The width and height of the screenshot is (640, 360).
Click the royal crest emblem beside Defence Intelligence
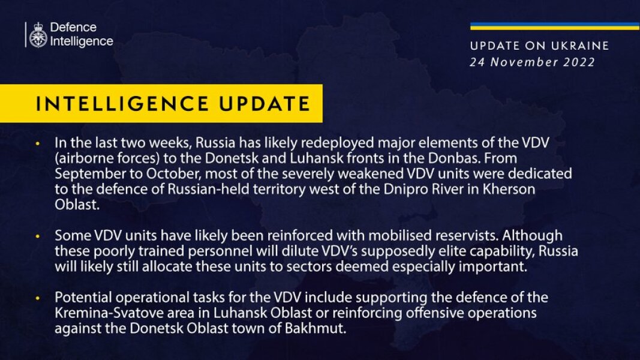pos(37,35)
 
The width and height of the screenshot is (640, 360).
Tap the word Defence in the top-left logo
pos(73,28)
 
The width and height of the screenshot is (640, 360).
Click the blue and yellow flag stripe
pos(554,26)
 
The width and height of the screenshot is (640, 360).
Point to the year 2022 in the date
pos(579,62)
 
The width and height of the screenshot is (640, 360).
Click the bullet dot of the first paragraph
pos(38,145)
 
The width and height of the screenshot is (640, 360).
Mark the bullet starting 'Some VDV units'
pos(38,236)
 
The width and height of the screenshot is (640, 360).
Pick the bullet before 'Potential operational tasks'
pos(38,298)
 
